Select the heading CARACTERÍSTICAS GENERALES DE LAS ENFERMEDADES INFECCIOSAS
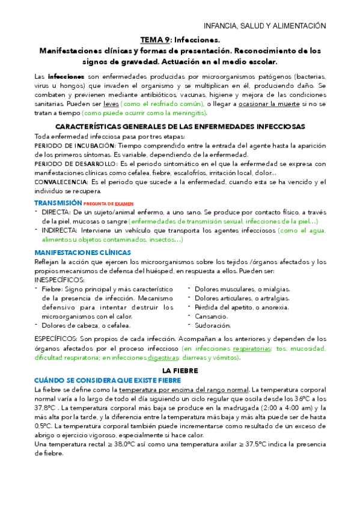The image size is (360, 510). [x=180, y=127]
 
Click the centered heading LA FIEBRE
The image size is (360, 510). [x=180, y=372]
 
